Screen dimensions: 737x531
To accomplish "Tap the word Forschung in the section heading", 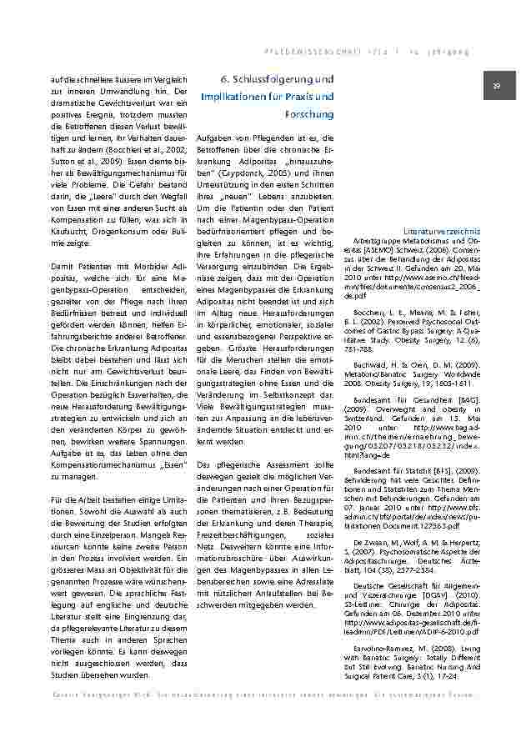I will click(x=308, y=113).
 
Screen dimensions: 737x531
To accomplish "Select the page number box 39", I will click(x=495, y=86).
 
